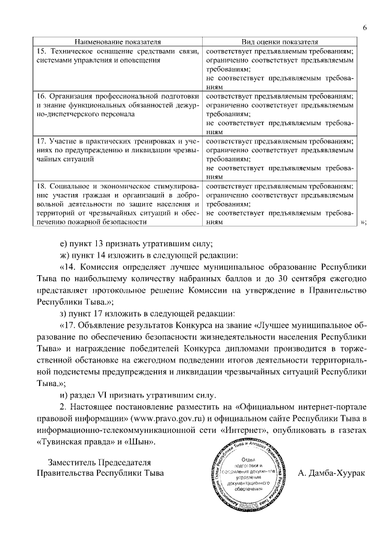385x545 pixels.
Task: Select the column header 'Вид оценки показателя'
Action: click(279, 42)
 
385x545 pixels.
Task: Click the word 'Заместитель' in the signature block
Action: click(73, 461)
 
